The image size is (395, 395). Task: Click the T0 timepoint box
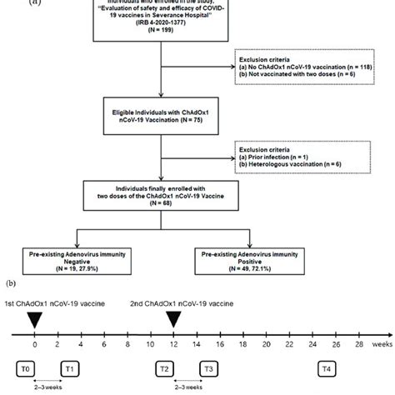coord(34,367)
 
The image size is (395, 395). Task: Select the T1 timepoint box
coord(70,367)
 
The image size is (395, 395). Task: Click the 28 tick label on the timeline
coord(357,344)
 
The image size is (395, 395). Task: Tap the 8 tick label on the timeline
coord(127,344)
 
